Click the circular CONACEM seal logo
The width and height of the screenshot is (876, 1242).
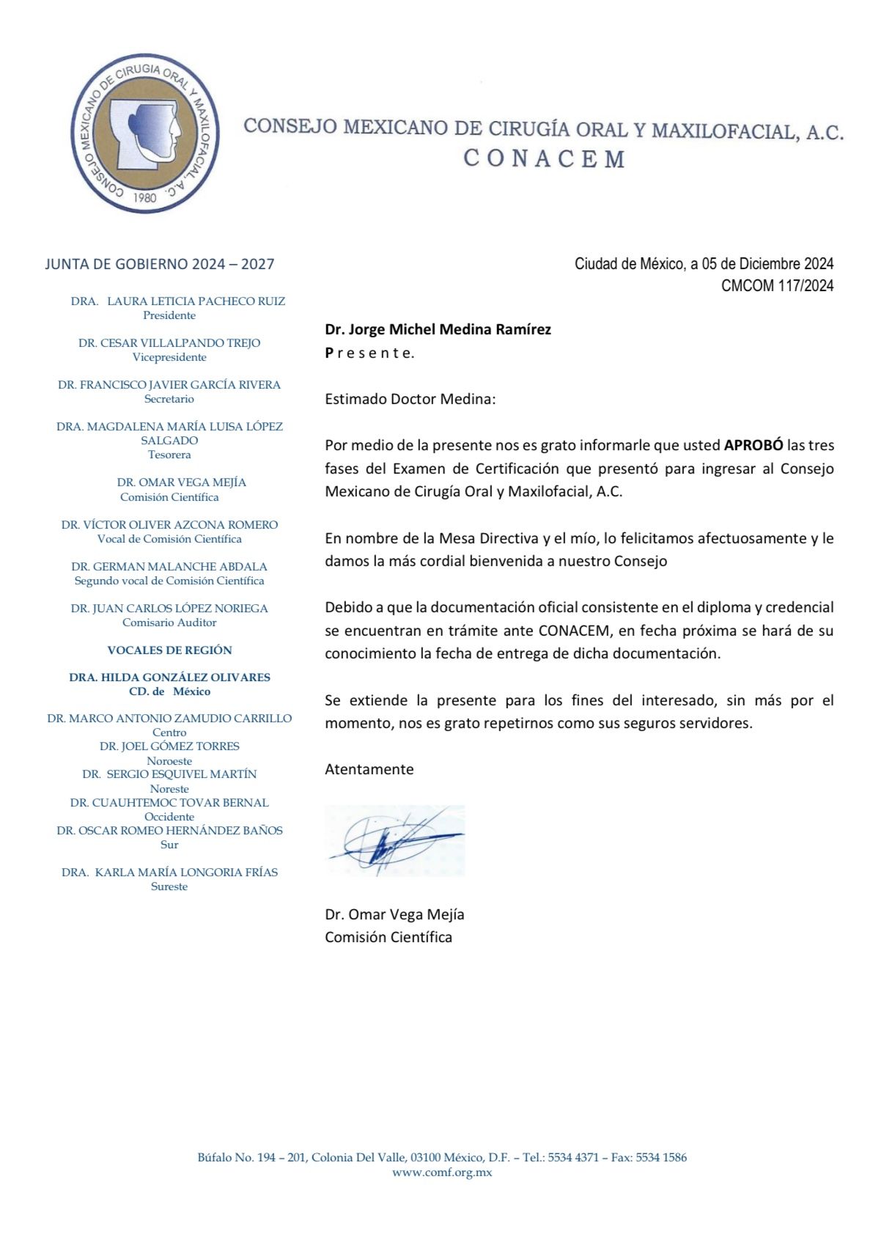coord(144,133)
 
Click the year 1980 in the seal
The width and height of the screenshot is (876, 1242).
coord(145,196)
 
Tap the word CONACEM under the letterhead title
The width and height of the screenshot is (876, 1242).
coord(544,159)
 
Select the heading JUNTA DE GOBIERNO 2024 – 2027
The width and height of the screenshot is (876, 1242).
coord(160,264)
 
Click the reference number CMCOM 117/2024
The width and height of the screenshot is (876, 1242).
coord(777,286)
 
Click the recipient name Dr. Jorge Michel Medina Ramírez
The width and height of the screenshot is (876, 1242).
coord(438,329)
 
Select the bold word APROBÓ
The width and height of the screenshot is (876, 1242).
coord(754,445)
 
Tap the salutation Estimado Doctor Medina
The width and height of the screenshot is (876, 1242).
coord(411,399)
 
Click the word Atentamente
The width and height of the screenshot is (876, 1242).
coord(369,769)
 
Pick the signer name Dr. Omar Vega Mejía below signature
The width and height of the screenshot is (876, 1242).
coord(394,914)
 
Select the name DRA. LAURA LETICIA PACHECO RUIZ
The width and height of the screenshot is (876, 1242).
coord(178,301)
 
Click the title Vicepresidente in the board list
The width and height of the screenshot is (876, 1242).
coord(169,357)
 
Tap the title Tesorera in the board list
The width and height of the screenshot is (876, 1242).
coord(169,455)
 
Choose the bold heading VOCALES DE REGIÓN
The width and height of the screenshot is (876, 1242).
coord(169,650)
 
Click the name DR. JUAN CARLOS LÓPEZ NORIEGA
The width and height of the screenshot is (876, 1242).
coord(169,609)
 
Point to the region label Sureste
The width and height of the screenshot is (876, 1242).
coord(169,886)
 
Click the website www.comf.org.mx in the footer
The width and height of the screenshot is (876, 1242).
coord(442,1172)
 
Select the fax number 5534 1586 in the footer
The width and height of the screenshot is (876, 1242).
coord(661,1158)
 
